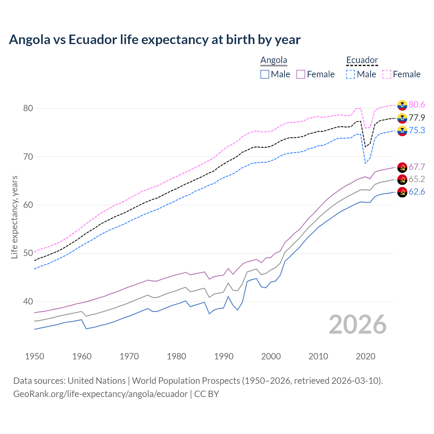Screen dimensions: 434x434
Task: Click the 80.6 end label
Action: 417,105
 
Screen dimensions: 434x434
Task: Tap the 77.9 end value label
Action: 417,118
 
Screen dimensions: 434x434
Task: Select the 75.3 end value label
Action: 417,130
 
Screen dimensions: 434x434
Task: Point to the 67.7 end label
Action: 417,167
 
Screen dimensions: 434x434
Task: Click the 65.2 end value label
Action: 417,179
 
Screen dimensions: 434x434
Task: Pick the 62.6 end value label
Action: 417,192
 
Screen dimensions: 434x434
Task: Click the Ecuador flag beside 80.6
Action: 402,105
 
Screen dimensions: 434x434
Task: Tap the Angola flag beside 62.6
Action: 402,192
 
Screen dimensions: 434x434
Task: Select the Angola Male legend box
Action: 265,74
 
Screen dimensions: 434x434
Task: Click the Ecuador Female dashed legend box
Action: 387,74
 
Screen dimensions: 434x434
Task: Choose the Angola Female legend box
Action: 301,74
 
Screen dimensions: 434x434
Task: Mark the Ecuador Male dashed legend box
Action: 351,74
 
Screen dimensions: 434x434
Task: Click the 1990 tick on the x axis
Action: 224,356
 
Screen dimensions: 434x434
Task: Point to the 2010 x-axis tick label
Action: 318,356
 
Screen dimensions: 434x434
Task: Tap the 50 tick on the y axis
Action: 28,253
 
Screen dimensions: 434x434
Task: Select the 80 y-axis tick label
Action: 28,108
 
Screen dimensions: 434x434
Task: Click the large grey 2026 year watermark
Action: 358,324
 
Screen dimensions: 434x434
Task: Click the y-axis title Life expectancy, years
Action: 15,217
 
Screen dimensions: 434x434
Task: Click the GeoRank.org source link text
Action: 100,394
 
